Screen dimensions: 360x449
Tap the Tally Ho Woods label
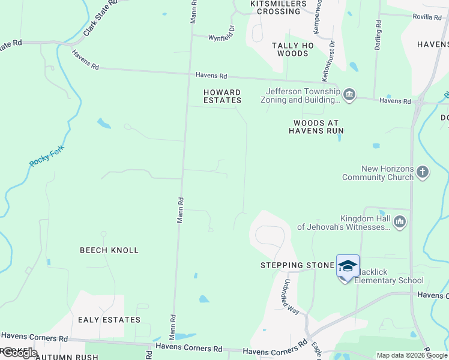[x=293, y=49]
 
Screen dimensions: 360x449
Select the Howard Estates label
[x=222, y=96]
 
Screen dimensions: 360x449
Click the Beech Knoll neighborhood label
[x=109, y=250]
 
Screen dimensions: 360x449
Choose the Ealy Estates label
[x=109, y=320]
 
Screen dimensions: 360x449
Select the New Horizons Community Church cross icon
[x=423, y=173]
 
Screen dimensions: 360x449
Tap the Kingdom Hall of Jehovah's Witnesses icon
[x=400, y=222]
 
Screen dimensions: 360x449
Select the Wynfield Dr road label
[x=221, y=37]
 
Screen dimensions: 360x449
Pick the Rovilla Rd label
[x=427, y=17]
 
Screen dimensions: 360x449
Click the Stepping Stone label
[x=297, y=265]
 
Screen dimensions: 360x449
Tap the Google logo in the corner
[x=19, y=353]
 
